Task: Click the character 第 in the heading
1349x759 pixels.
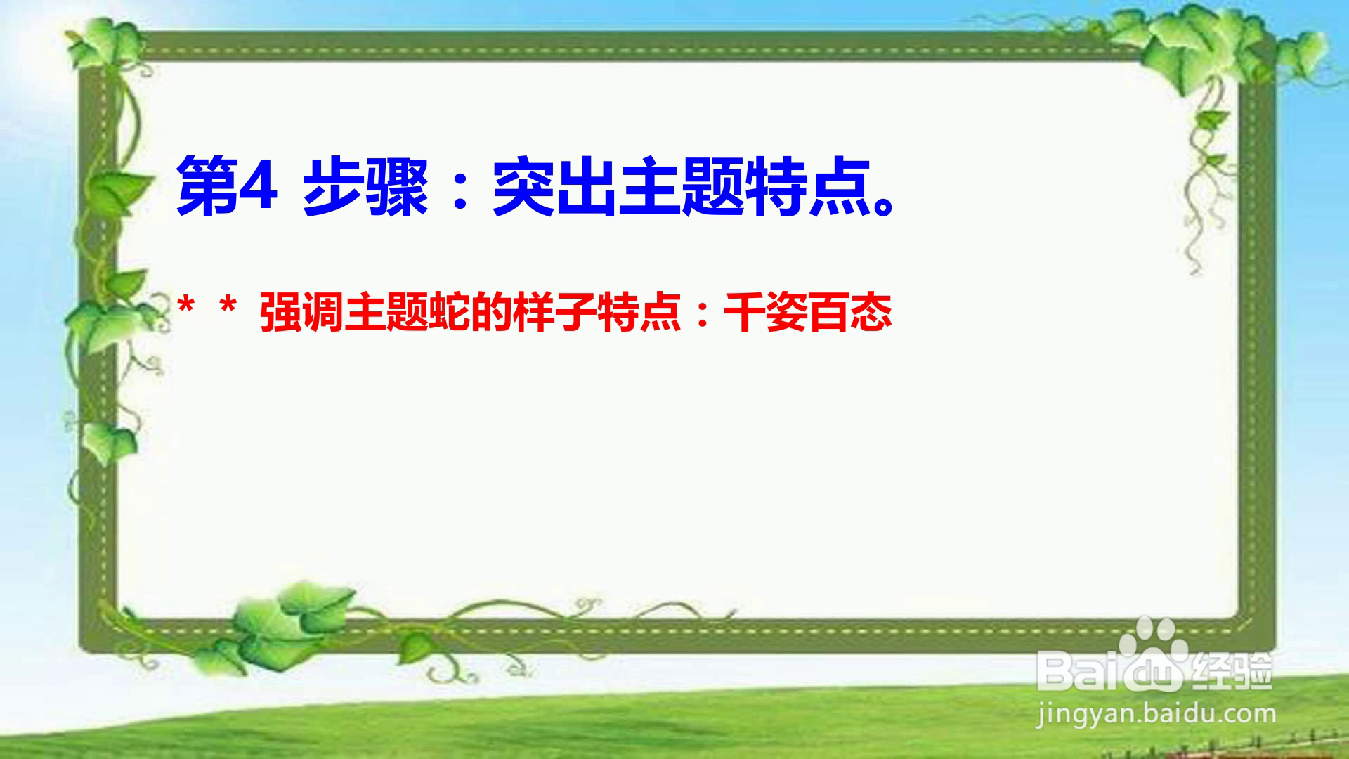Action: [x=207, y=188]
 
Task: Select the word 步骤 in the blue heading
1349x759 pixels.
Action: [x=365, y=188]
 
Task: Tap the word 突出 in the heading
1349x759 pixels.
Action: [x=554, y=188]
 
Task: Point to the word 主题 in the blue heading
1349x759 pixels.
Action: [x=681, y=188]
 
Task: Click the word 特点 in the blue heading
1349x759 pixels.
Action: [x=807, y=188]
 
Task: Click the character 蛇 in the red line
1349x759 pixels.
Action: [x=450, y=313]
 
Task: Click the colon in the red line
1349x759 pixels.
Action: [x=703, y=315]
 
